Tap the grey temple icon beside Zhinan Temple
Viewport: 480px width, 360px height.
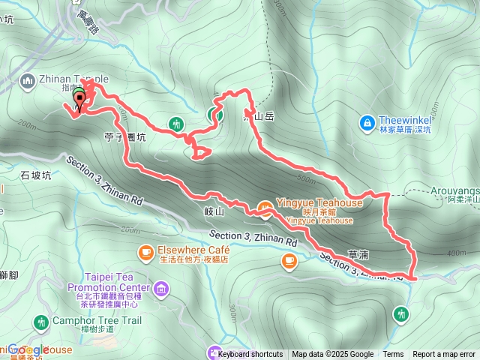[28, 79]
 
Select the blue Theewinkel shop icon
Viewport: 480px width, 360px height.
[367, 121]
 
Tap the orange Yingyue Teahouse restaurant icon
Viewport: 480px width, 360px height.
[265, 206]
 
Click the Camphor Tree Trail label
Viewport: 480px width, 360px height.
[97, 321]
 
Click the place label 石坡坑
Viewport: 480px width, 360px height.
[35, 176]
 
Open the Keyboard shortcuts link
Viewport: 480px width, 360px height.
[250, 355]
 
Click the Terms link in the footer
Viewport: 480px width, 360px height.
[393, 355]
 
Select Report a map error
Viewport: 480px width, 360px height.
[445, 355]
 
